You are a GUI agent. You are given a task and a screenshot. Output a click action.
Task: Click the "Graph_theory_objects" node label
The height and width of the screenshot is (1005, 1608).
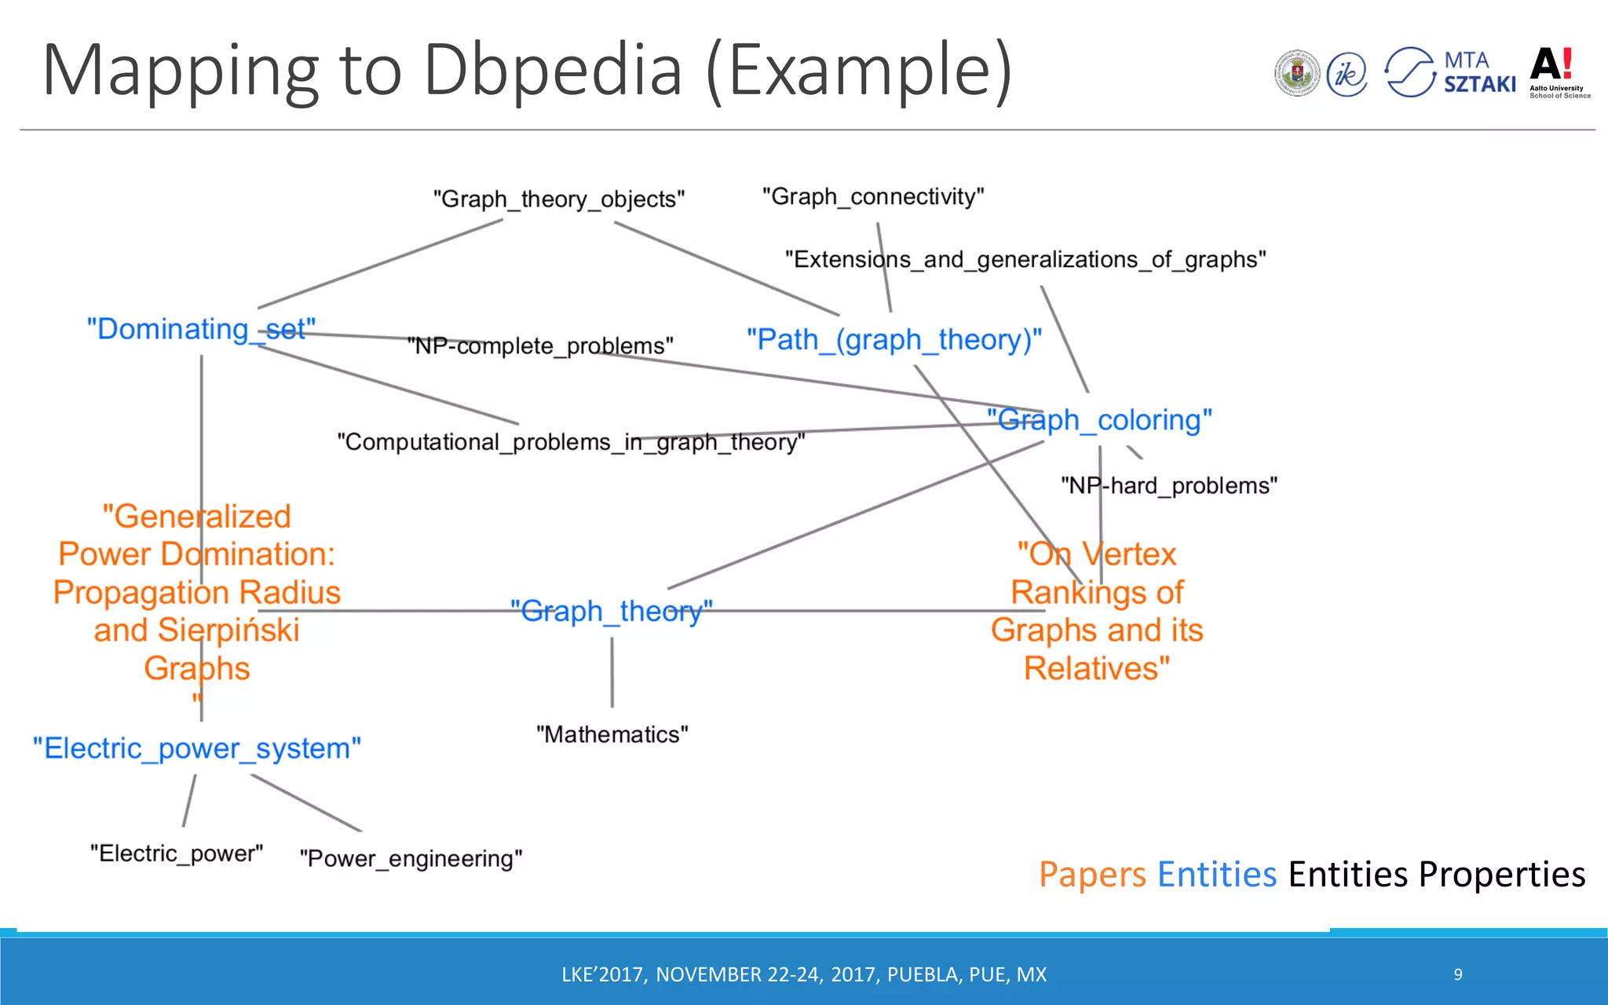coord(559,199)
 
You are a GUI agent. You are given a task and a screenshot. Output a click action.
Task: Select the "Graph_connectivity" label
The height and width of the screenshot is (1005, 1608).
coord(873,196)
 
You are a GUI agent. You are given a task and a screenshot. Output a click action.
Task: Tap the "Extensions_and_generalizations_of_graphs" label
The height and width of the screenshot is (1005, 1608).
coord(1025,259)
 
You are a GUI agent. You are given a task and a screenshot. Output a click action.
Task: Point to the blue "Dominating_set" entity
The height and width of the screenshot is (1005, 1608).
coord(201,329)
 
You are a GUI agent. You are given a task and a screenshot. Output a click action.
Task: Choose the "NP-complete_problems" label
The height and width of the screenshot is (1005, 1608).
coord(540,345)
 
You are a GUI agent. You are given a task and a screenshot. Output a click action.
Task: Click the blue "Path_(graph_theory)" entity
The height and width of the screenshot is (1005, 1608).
coord(894,340)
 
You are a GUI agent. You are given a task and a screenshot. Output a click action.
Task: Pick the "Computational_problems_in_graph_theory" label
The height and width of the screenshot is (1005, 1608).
coord(571,442)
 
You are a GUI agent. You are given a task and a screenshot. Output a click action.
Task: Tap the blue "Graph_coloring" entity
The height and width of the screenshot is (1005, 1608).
coord(1099,420)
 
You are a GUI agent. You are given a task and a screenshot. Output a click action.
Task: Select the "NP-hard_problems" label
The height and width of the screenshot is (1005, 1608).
coord(1168,485)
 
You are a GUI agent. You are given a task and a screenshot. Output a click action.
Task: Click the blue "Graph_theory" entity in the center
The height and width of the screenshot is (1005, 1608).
coord(611,611)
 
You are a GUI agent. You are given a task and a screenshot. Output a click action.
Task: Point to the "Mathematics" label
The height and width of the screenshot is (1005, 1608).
coord(612,734)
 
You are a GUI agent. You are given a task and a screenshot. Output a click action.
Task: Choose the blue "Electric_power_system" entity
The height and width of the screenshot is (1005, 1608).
coord(197,748)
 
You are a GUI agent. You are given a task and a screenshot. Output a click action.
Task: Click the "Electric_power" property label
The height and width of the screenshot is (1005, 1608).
coord(177,853)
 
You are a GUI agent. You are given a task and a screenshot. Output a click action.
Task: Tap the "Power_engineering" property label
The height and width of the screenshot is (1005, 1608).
coord(411,858)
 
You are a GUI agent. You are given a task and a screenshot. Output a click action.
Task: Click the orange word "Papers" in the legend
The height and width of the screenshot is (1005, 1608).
coord(1092,875)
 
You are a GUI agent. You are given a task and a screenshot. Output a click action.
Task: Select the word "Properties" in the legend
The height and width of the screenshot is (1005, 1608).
coord(1502,875)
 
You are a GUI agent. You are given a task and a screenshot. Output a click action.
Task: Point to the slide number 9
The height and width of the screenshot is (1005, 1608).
coord(1458,974)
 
